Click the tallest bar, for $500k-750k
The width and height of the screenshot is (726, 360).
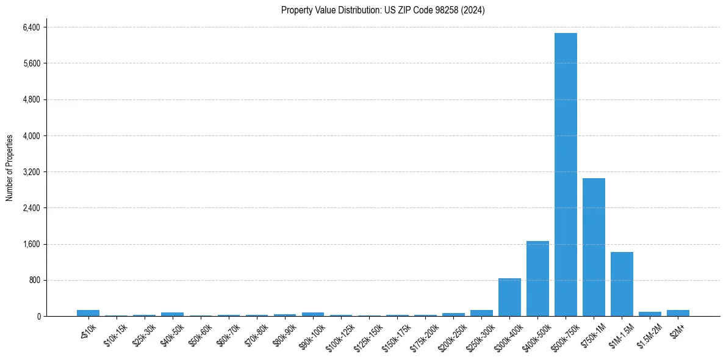click(x=566, y=175)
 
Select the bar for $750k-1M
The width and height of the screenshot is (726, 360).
click(x=594, y=247)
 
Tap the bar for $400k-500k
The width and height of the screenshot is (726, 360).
click(x=537, y=279)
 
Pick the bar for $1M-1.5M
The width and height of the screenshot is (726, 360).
click(x=622, y=284)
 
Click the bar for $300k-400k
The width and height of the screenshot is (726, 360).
click(x=509, y=297)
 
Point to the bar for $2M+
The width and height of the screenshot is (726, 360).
click(x=678, y=313)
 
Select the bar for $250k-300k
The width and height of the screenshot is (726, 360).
click(x=481, y=313)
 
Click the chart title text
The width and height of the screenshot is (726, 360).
click(x=383, y=10)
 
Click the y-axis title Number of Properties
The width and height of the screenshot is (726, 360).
click(x=10, y=168)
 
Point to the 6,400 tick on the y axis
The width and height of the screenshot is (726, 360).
click(x=31, y=27)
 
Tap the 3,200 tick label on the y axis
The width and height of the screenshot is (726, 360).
click(x=31, y=172)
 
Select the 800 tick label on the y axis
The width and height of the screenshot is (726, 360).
click(x=34, y=281)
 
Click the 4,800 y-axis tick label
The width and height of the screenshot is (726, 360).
click(x=31, y=99)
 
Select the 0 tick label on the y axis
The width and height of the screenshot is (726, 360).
click(x=38, y=317)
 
